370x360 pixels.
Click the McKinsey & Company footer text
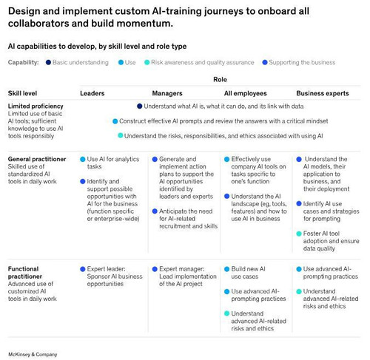tap(33, 355)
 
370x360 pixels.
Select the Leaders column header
tap(92, 93)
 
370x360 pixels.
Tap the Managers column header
tap(167, 93)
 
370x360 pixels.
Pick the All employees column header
tap(246, 93)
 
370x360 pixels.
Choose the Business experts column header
tap(323, 93)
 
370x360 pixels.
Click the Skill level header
tap(22, 93)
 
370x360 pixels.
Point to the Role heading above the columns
tap(220, 80)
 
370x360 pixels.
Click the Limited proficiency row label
tap(36, 106)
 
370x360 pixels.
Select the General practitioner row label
tap(37, 159)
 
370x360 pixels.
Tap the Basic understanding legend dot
tap(48, 63)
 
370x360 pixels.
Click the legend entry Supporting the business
tap(299, 63)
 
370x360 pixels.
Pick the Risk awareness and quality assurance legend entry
tap(199, 63)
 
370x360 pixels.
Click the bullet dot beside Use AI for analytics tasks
tap(83, 160)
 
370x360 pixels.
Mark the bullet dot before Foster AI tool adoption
tap(299, 234)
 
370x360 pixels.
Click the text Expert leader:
tap(107, 269)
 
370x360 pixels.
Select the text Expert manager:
tap(182, 269)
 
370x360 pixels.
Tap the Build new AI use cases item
tap(248, 273)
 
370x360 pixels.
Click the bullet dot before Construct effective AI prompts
tap(115, 121)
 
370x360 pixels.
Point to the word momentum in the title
tap(145, 24)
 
